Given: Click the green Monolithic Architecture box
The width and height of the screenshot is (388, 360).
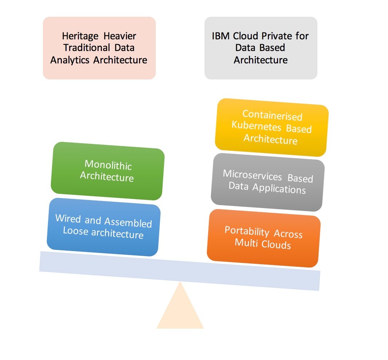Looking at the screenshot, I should [107, 171].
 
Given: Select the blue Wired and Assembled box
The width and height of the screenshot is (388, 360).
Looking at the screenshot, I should [103, 227].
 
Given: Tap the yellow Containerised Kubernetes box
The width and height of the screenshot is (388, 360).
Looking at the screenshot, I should [272, 127].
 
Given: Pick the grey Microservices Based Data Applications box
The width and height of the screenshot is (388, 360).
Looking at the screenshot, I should [268, 182].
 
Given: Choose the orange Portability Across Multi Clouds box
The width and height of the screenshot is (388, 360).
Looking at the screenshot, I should [264, 238].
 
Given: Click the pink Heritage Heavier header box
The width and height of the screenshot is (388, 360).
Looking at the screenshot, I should [99, 48].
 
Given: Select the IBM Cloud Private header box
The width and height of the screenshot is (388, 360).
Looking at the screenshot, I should [261, 48].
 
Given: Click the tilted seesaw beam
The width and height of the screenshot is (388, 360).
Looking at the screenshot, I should [179, 270].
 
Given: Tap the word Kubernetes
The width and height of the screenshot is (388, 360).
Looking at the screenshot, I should [257, 126].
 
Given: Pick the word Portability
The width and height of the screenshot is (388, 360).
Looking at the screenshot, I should [247, 231].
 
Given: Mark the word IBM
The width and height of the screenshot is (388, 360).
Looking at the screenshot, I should [220, 36].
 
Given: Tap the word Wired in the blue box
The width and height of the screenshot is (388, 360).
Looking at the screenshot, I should [68, 219].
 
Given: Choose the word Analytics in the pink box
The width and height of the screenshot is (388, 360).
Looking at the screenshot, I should [70, 60].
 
